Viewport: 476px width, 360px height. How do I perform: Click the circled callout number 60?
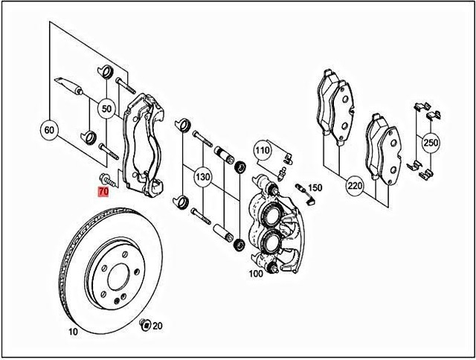tap(50, 132)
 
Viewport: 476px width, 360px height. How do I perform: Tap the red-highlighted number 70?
tap(103, 191)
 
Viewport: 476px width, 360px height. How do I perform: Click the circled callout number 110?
tap(261, 152)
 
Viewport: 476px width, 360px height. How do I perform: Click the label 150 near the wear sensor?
tap(315, 188)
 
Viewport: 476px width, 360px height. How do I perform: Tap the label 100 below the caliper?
tap(257, 274)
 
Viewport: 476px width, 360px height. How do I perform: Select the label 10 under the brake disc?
tap(72, 332)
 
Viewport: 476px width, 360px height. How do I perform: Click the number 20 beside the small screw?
tap(158, 325)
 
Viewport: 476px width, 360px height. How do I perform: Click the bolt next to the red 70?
tap(108, 179)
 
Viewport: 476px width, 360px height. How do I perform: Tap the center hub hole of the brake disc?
tap(119, 278)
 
